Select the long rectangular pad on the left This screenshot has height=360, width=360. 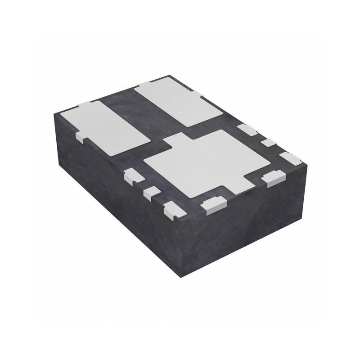[112, 126]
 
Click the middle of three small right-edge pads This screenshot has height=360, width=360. [269, 143]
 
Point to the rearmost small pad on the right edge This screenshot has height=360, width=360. [247, 129]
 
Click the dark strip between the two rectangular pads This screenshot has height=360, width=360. [148, 117]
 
